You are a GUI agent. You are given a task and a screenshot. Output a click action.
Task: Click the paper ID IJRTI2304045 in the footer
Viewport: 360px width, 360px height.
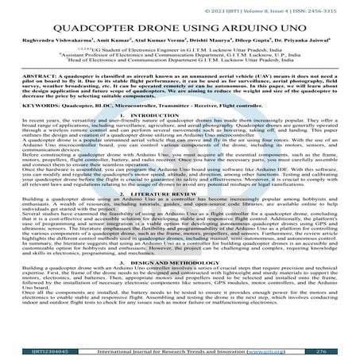29,350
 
